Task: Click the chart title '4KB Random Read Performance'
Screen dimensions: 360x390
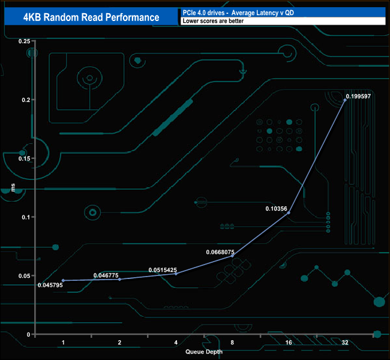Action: (x=91, y=17)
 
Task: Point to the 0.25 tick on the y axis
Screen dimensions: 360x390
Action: (x=25, y=41)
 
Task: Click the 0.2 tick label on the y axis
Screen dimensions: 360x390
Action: (x=26, y=100)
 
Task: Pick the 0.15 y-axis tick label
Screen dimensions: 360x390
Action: (x=25, y=158)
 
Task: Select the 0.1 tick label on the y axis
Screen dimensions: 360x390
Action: (x=26, y=217)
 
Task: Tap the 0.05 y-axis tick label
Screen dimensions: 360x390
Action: (x=25, y=275)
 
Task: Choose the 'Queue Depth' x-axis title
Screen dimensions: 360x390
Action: (x=203, y=352)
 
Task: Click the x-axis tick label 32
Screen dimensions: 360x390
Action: (x=345, y=343)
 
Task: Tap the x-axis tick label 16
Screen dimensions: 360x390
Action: (x=289, y=343)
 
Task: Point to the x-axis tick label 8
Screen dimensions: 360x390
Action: (x=232, y=343)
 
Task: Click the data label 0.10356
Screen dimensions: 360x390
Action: (x=277, y=209)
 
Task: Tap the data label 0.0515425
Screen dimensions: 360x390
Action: (x=163, y=270)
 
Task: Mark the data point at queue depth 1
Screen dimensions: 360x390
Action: (x=63, y=280)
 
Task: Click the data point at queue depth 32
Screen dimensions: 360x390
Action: (x=345, y=100)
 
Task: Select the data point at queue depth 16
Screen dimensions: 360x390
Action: (x=289, y=212)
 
